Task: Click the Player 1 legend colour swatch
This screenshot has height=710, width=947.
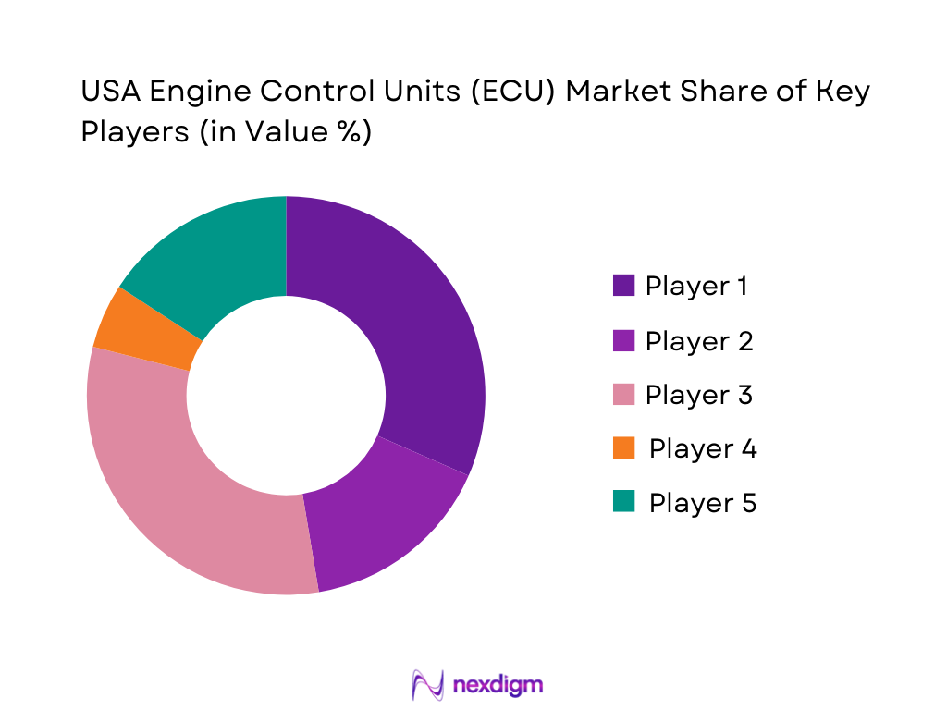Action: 623,286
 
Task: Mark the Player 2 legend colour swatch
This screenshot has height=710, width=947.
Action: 623,340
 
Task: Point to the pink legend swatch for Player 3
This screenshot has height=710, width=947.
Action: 623,395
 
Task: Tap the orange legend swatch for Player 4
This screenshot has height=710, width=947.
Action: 623,448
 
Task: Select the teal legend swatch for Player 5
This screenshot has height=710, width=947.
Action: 623,502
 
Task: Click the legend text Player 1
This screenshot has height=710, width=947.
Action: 696,286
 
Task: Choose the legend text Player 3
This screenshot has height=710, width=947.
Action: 698,395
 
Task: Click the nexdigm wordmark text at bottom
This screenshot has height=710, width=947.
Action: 498,684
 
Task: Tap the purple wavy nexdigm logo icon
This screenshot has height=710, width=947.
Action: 427,684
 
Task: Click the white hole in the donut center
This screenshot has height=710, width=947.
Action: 286,396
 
